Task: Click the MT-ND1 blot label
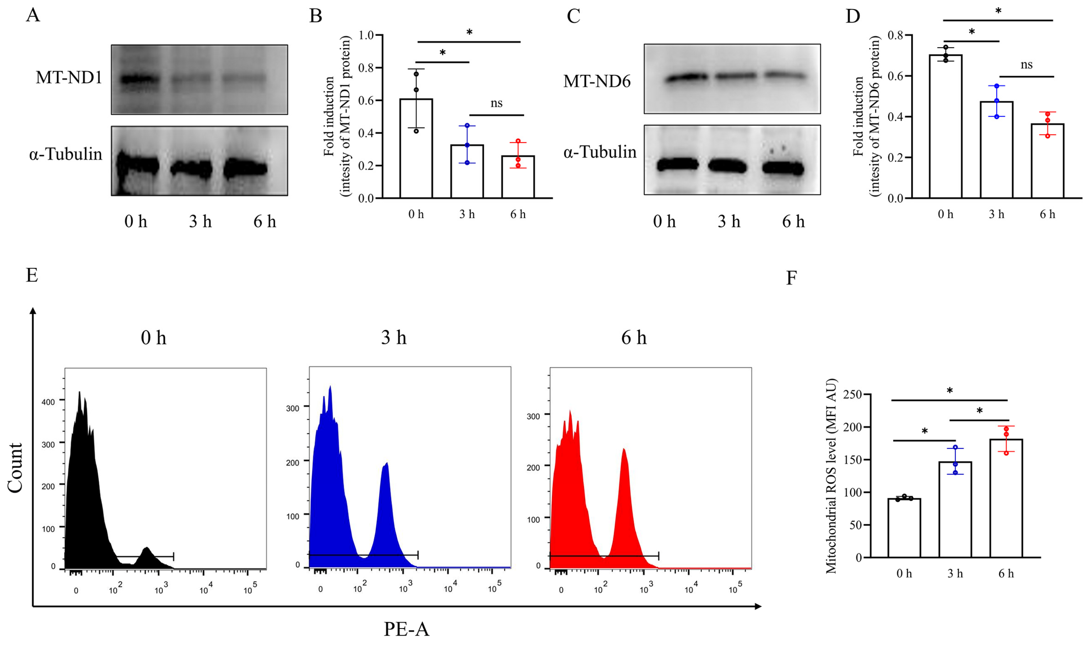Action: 68,78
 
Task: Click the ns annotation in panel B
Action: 496,103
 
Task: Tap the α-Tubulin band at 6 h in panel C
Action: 783,168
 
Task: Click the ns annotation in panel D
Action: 1026,65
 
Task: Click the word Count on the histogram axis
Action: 15,468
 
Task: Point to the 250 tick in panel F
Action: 853,394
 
